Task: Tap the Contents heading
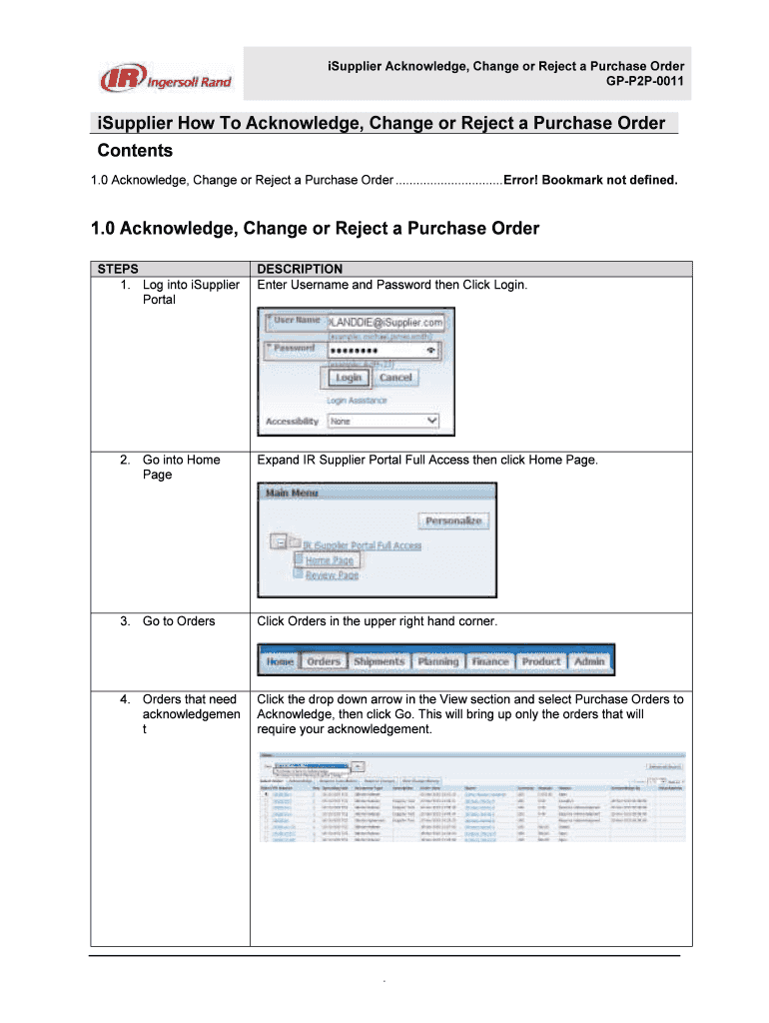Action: [x=135, y=151]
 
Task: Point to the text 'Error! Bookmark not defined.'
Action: [x=590, y=180]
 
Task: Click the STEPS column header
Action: [x=118, y=269]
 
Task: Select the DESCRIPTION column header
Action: [x=300, y=269]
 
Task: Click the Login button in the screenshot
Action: [x=349, y=378]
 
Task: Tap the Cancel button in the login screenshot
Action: [x=395, y=378]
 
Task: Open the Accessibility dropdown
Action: [x=384, y=422]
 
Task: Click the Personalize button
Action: [x=453, y=520]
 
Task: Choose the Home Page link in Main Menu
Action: [x=329, y=560]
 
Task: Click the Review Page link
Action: [x=332, y=576]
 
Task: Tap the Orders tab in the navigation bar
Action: [x=324, y=661]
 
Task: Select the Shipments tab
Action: [x=379, y=661]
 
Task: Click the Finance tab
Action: [x=490, y=661]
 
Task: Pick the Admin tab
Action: [x=589, y=661]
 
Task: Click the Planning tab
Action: [x=437, y=661]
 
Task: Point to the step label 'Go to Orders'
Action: [x=179, y=621]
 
